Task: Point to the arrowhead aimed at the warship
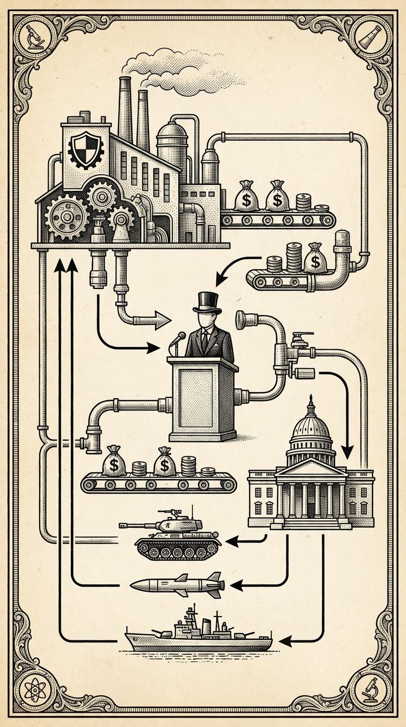[285, 641]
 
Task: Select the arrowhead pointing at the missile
[236, 585]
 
